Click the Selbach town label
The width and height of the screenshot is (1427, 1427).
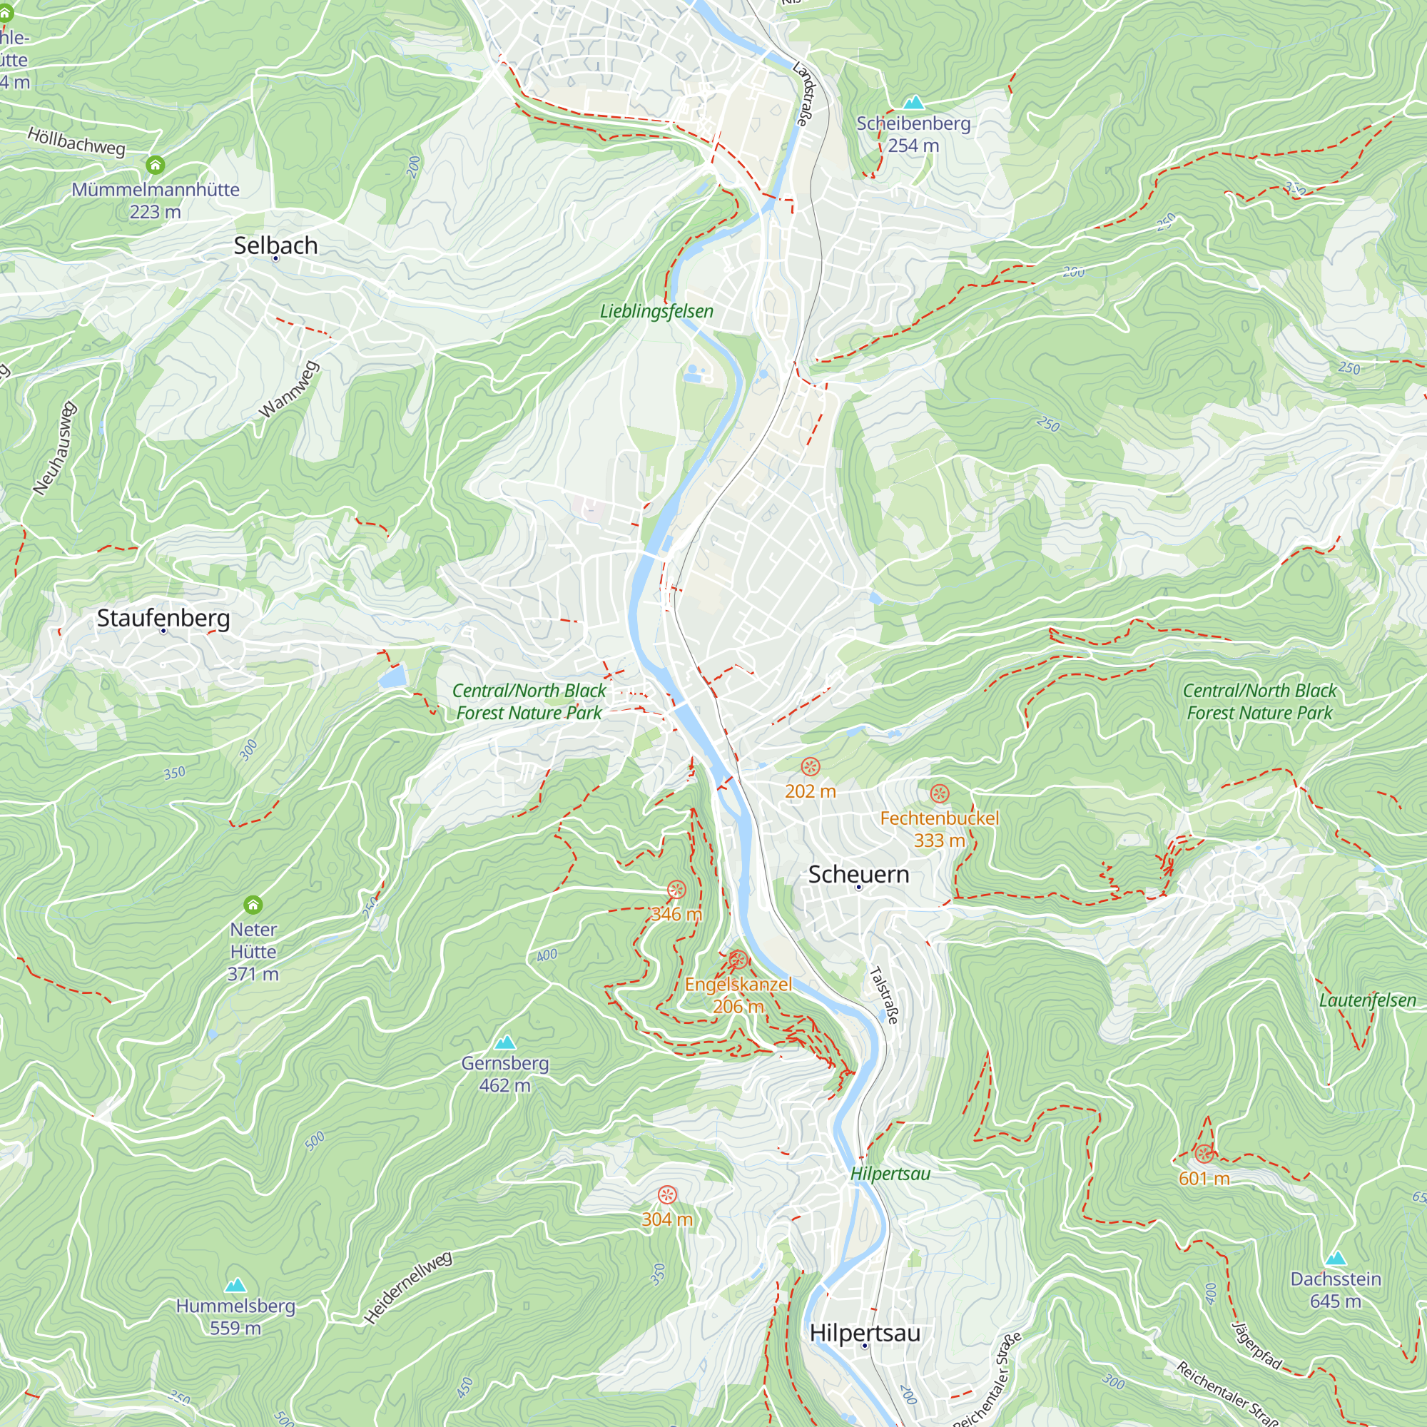point(275,245)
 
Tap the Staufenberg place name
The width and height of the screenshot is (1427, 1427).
point(163,618)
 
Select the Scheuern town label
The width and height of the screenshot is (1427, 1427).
point(858,875)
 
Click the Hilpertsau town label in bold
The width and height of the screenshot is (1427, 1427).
point(865,1334)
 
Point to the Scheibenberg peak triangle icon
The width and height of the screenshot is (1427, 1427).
point(914,102)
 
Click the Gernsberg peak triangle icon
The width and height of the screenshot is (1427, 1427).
point(504,1042)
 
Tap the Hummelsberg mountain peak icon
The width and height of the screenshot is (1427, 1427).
point(235,1285)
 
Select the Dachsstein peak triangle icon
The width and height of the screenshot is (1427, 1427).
point(1335,1259)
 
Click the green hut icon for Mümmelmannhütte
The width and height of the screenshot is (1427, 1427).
point(155,164)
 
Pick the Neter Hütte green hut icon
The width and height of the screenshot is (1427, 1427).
point(253,905)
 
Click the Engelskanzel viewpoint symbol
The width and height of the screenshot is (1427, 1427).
point(738,960)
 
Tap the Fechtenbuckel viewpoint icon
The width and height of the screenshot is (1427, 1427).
point(939,794)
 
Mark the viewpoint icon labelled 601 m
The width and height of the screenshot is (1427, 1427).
point(1204,1154)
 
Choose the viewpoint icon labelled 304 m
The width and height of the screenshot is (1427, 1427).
point(667,1195)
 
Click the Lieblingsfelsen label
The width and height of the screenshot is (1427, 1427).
point(656,312)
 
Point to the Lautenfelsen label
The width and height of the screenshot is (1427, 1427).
point(1367,1001)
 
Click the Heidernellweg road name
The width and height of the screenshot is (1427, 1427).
point(407,1287)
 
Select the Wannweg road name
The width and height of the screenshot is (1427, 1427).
point(290,390)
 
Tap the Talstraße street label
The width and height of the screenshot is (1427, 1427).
point(884,995)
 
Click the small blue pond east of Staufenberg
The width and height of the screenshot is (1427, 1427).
point(392,676)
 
